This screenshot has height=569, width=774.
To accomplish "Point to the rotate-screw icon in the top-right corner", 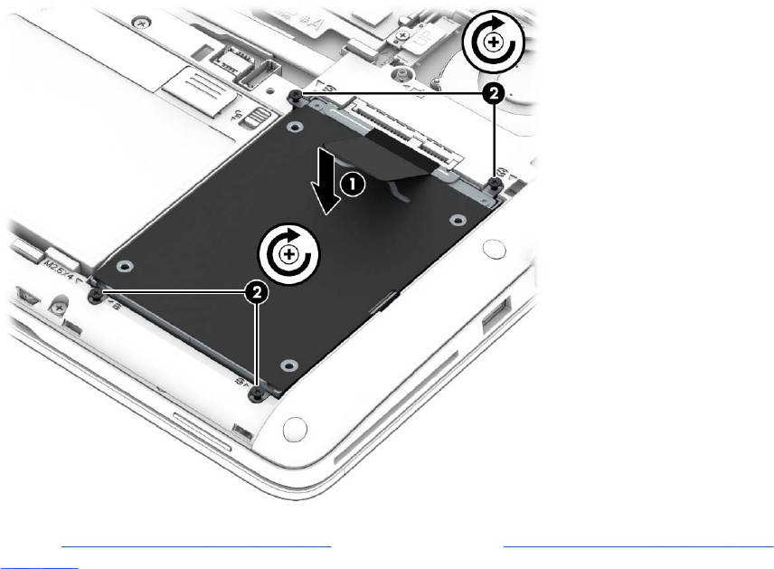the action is pos(493,42).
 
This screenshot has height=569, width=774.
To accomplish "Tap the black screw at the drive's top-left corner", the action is pos(297,95).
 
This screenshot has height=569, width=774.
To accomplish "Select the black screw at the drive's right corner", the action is pos(496,184).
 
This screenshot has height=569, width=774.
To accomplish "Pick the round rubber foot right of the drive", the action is pos(492,246).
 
